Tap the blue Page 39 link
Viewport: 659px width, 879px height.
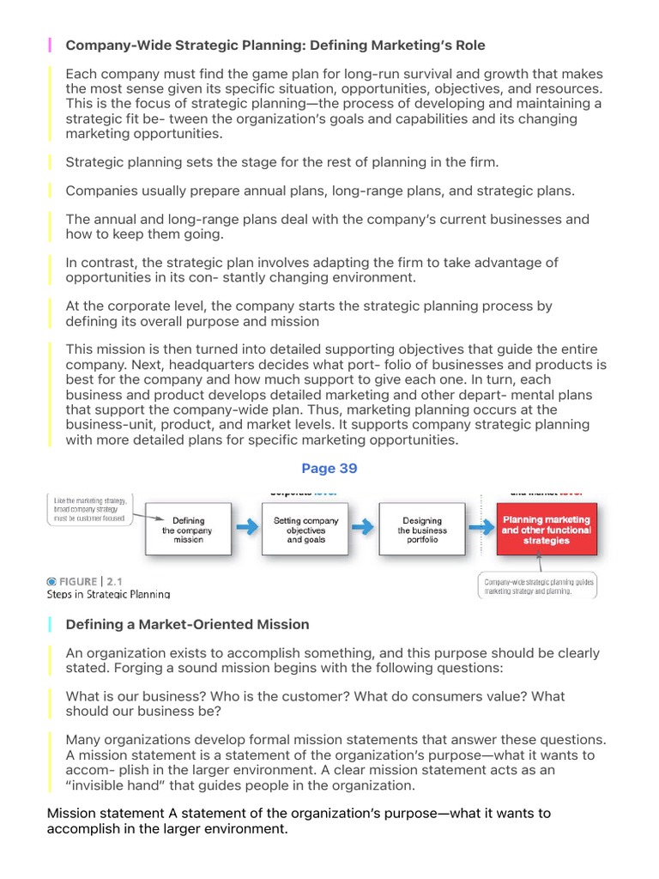pyautogui.click(x=329, y=469)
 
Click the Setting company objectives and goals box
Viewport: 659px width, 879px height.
pyautogui.click(x=305, y=530)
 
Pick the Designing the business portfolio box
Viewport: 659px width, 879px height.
pyautogui.click(x=422, y=530)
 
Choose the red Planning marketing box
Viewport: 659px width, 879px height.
pyautogui.click(x=546, y=530)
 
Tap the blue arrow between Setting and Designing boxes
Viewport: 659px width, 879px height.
pyautogui.click(x=364, y=529)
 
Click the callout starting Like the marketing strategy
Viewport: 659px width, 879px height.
pyautogui.click(x=89, y=510)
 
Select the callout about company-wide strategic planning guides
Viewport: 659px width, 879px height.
pyautogui.click(x=537, y=586)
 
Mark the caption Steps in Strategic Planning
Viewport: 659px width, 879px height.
pyautogui.click(x=108, y=594)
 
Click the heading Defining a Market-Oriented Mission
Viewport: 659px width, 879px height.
pyautogui.click(x=187, y=624)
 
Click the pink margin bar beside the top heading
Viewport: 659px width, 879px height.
pyautogui.click(x=50, y=45)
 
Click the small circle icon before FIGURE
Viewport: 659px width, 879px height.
pyautogui.click(x=51, y=581)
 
